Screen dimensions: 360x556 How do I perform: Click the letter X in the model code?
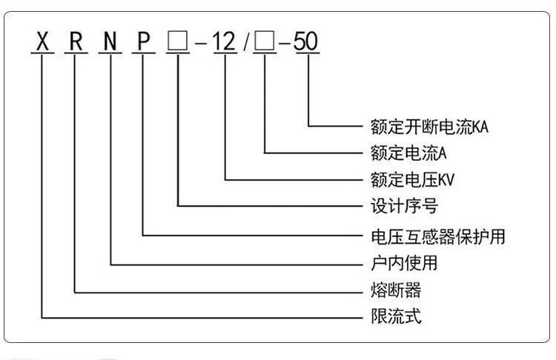click(x=42, y=42)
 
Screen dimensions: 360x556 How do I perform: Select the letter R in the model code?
click(x=76, y=42)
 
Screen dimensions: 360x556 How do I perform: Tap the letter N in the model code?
click(x=111, y=42)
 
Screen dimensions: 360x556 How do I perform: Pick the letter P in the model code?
click(x=144, y=42)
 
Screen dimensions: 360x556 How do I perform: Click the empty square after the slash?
click(x=264, y=42)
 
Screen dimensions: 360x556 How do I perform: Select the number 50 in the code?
click(x=306, y=42)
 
